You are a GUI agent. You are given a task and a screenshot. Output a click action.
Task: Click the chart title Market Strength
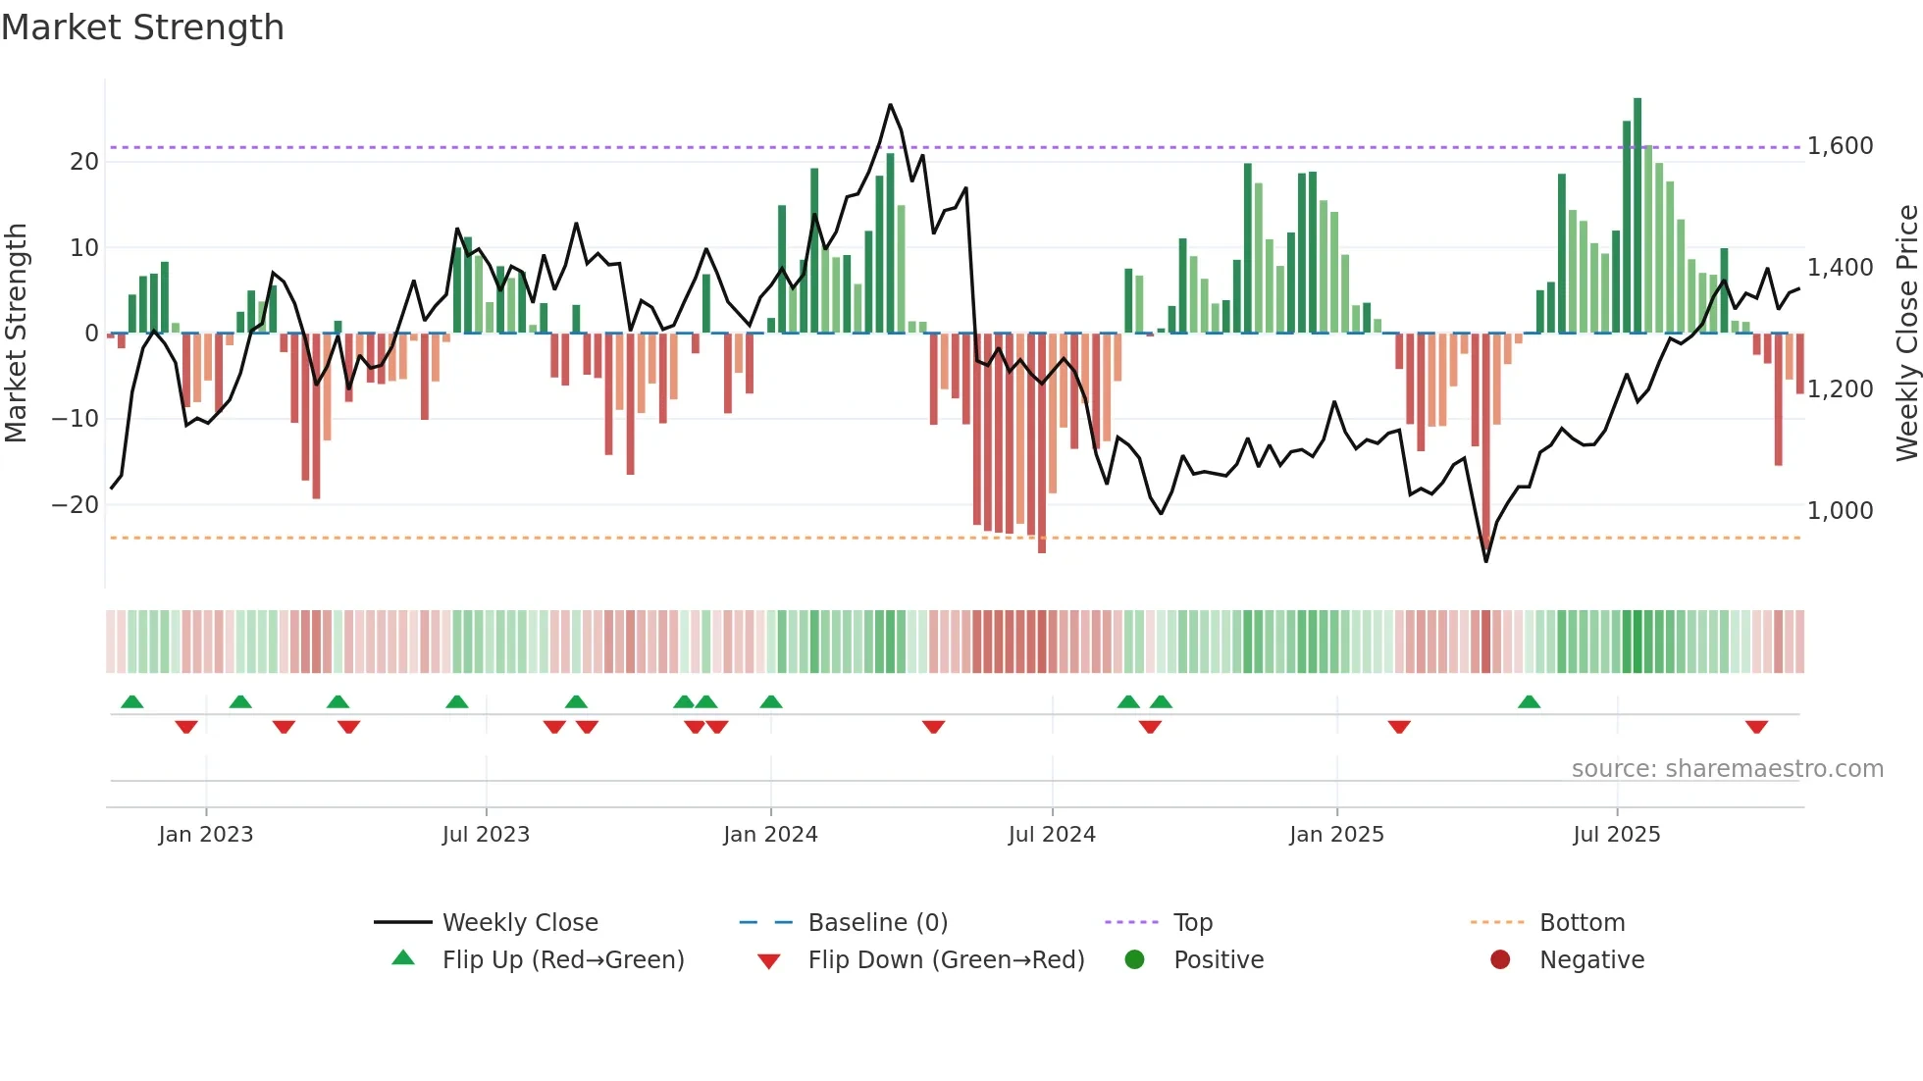click(x=142, y=27)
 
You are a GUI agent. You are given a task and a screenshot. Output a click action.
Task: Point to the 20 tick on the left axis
click(x=84, y=162)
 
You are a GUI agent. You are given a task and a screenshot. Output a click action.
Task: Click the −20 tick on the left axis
click(x=76, y=505)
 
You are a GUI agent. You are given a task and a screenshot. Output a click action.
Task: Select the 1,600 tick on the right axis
click(x=1840, y=146)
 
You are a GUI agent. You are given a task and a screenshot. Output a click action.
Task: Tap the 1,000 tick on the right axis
click(x=1840, y=511)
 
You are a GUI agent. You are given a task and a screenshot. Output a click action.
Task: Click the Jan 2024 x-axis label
click(x=770, y=835)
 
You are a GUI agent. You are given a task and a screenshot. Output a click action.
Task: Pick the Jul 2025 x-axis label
click(x=1616, y=835)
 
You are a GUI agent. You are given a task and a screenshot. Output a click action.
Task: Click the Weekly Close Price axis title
click(x=1906, y=334)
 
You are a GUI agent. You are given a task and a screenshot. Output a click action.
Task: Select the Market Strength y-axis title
click(x=17, y=334)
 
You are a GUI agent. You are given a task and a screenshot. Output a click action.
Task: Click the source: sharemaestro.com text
click(x=1727, y=769)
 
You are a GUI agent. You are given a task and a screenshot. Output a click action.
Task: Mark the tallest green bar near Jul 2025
click(x=1637, y=216)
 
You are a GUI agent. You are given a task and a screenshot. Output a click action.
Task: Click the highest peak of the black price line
click(x=891, y=105)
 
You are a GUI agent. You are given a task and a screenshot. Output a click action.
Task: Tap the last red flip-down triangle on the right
click(x=1756, y=727)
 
